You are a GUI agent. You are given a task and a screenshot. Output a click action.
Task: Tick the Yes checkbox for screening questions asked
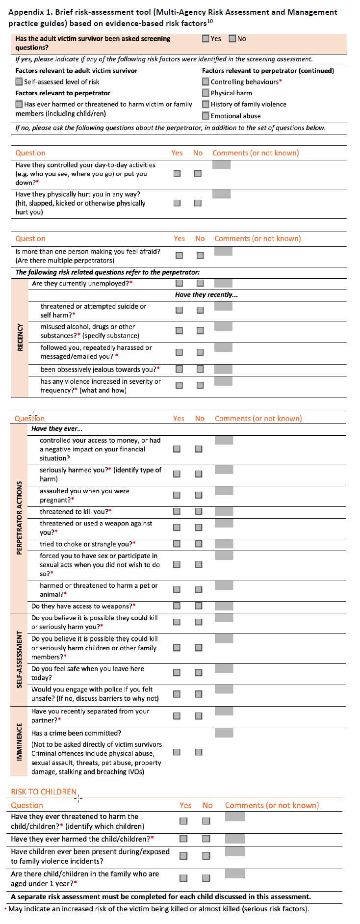coord(206,38)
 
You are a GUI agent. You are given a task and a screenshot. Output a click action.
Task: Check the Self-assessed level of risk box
coord(19,82)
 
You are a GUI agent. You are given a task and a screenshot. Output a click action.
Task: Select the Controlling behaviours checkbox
coord(206,82)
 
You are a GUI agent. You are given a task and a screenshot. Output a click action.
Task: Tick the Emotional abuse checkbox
coord(206,116)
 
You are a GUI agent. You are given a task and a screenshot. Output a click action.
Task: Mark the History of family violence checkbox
coord(206,104)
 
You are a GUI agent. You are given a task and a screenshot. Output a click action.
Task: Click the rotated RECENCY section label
coord(20,337)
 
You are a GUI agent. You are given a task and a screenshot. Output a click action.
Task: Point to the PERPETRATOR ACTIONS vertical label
coord(20,518)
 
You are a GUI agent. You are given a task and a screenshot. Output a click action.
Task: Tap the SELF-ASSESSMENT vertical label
coord(20,659)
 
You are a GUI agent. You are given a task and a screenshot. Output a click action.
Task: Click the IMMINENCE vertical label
coord(20,741)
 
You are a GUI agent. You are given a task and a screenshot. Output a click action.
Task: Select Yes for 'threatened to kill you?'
coord(177,511)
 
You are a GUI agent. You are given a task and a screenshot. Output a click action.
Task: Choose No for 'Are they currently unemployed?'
coord(200,283)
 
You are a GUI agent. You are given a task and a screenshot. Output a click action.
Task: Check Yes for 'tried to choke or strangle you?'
coord(177,544)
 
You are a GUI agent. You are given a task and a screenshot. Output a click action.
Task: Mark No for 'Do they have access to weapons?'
coord(199,606)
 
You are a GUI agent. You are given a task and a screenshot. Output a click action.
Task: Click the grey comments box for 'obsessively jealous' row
coord(223,369)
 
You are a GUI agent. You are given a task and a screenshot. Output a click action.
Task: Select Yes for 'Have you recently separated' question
coord(177,716)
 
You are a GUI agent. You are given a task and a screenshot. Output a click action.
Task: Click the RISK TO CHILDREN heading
coord(44,792)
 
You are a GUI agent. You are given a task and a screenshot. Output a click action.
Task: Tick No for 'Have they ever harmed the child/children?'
coord(206,839)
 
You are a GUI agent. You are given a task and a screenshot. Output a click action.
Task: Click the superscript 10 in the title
coord(209,21)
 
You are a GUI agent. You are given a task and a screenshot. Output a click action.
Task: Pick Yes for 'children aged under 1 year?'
coord(183,878)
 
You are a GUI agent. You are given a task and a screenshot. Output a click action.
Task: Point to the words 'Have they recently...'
coord(206,294)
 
